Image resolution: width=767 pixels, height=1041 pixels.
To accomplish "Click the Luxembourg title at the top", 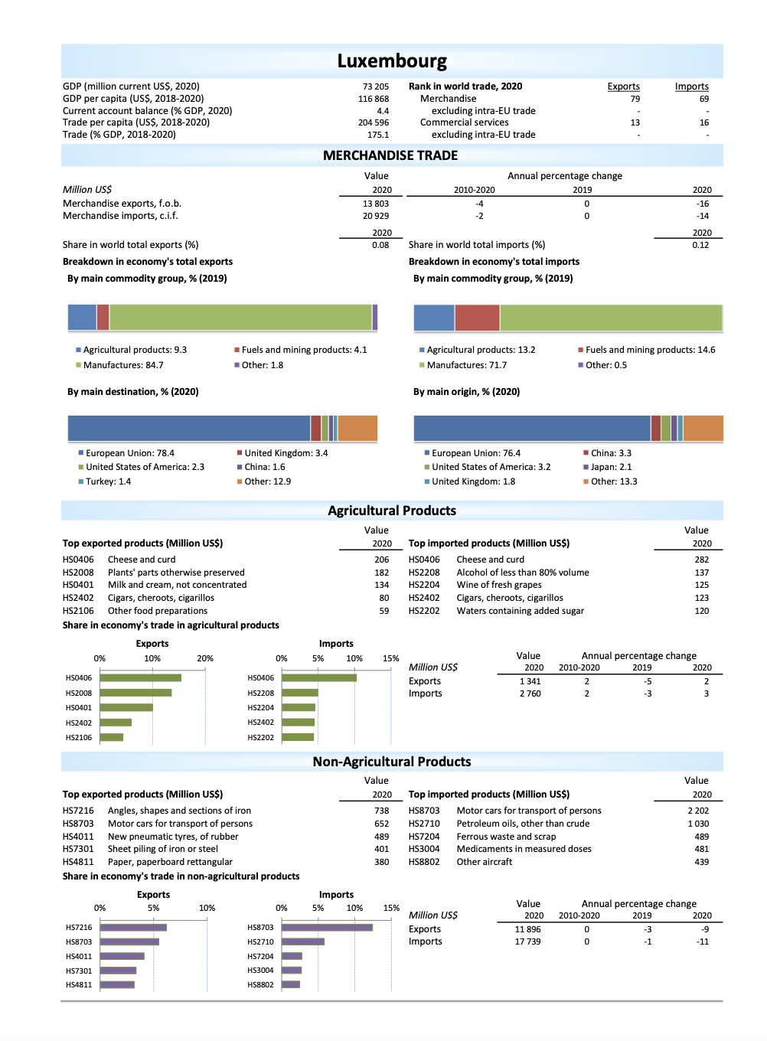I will pos(392,61).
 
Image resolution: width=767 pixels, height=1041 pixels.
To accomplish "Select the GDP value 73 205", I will pos(375,86).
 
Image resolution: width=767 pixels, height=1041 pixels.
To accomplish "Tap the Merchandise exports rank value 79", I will pos(635,99).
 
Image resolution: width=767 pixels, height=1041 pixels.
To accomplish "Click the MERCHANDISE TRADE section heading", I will pos(390,155).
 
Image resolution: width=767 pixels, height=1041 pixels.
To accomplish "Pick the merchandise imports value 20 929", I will pos(375,216).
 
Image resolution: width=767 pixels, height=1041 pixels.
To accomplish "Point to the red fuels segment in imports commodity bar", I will pos(477,318).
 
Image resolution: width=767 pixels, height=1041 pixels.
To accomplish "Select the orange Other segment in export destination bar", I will pos(357,429).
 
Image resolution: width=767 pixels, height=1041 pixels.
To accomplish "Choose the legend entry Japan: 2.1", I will pos(611,467).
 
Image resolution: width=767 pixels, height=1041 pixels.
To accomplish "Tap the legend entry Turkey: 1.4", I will pos(108,481).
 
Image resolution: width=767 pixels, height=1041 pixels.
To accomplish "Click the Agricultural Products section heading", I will pos(392,511).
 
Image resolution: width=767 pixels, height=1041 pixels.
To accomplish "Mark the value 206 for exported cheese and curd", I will pos(381,560).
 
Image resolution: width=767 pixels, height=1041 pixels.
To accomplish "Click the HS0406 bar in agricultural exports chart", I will pos(140,677).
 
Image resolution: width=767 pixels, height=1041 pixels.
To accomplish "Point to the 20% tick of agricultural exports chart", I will pos(205,658).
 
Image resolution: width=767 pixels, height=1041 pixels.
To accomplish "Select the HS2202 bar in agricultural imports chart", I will pos(298,737).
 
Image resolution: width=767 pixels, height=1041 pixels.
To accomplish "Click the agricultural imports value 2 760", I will pos(530,693).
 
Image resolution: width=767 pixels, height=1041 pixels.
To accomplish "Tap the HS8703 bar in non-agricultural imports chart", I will pos(327,927).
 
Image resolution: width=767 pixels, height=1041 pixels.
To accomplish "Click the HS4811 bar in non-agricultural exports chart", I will pos(117,984).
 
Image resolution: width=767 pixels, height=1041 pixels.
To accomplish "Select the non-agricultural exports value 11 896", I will pos(527,929).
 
